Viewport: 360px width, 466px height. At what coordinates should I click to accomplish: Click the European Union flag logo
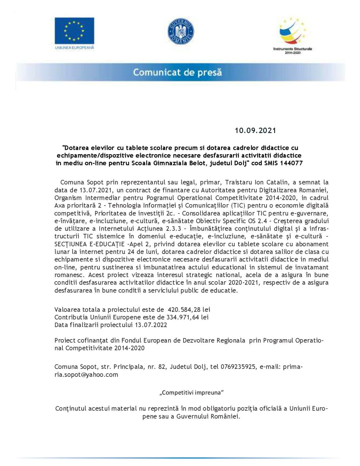pos(74,31)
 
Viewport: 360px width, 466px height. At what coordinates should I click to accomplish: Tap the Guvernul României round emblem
pos(180,31)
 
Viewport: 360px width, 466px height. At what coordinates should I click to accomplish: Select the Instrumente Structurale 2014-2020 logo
pos(292,35)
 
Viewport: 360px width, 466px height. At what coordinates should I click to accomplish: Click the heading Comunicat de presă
pos(177,73)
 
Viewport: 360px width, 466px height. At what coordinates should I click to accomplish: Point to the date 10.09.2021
pos(255,130)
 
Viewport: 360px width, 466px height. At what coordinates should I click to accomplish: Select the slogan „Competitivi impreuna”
pos(191,393)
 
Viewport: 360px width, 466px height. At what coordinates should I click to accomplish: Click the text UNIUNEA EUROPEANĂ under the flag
pos(74,48)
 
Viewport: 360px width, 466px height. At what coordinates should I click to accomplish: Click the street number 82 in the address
pos(162,367)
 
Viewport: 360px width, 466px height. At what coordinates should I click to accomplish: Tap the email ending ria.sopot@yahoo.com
pos(86,375)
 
